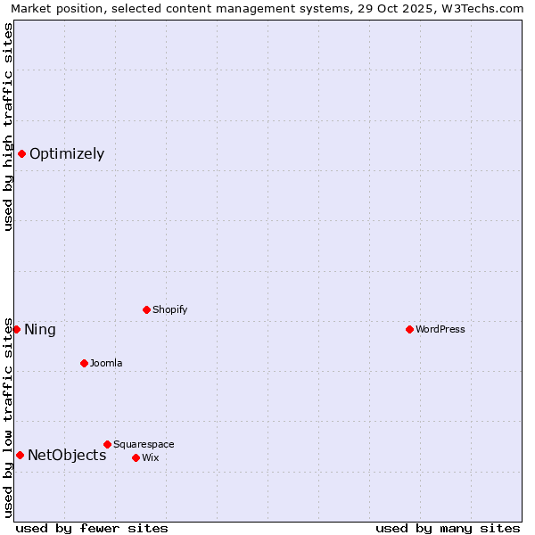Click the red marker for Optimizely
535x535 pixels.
click(21, 153)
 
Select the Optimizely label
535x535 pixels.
click(67, 154)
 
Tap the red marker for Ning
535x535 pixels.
click(16, 329)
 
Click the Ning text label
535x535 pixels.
click(40, 330)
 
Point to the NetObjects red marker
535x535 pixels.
click(20, 455)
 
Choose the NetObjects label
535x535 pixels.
click(67, 456)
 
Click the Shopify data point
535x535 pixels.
click(146, 309)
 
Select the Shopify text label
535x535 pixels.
click(169, 310)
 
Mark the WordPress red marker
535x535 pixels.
click(409, 329)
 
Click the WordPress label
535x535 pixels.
click(440, 330)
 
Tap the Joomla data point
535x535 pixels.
click(84, 363)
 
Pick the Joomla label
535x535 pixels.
click(106, 364)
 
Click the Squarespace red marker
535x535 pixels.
click(107, 444)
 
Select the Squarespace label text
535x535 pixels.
click(144, 445)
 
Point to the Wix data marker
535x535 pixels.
click(136, 457)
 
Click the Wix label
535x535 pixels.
click(151, 458)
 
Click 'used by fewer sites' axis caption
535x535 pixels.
click(92, 528)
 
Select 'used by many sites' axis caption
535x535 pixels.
click(448, 528)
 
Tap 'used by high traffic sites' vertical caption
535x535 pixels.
click(8, 127)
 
